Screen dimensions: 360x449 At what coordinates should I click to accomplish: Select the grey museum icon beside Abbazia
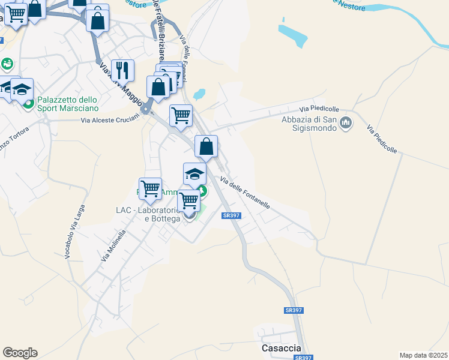click(345, 124)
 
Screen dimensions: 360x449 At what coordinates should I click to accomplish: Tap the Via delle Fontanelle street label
click(246, 191)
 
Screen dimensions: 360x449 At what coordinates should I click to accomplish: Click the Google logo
click(20, 353)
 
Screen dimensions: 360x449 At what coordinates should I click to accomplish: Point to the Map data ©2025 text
click(423, 355)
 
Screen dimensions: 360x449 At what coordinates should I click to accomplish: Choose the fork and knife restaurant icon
click(122, 70)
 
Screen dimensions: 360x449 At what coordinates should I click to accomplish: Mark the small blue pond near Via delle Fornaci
click(199, 94)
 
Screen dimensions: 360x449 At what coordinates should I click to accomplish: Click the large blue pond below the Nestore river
click(294, 35)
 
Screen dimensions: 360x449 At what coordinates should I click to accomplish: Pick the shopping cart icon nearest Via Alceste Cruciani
click(181, 115)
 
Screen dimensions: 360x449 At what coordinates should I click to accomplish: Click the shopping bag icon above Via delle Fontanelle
click(206, 146)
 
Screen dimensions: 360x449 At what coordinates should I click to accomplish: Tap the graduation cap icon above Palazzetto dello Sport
click(22, 89)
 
